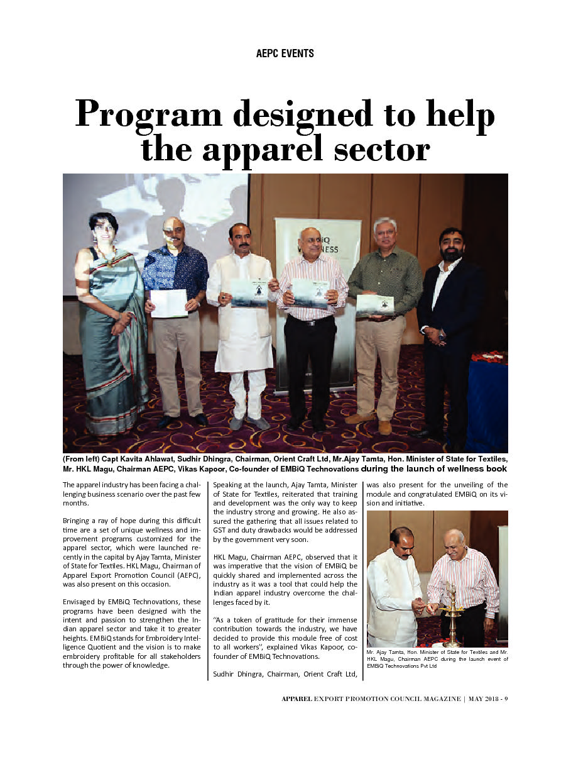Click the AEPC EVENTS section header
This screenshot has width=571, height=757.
285,53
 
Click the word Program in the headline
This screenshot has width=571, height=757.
148,116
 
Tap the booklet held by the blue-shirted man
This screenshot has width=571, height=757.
169,303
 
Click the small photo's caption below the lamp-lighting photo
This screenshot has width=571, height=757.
437,662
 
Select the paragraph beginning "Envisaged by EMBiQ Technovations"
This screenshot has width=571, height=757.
132,634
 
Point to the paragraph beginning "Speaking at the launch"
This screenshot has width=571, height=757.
285,512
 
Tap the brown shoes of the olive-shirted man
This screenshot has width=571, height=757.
369,421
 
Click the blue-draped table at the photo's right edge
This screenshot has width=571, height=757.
488,402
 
